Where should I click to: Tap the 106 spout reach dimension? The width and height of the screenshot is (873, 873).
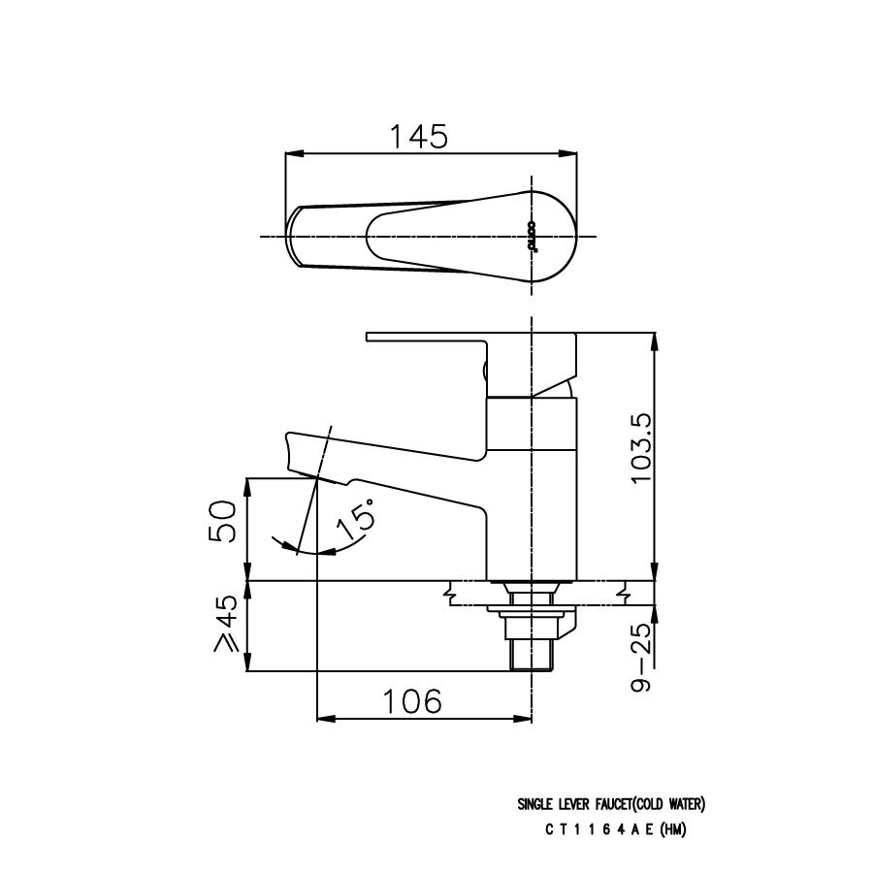coord(411,700)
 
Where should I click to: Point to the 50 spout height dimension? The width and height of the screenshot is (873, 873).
coord(223,523)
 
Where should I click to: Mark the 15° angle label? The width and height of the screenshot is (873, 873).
coord(356,521)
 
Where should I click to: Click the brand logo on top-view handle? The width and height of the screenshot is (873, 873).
coord(533,236)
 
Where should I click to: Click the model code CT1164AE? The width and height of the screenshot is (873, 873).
coord(601,829)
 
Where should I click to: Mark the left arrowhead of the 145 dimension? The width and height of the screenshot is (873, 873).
coord(290,152)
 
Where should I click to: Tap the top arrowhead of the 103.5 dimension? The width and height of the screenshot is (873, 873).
coord(656,339)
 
